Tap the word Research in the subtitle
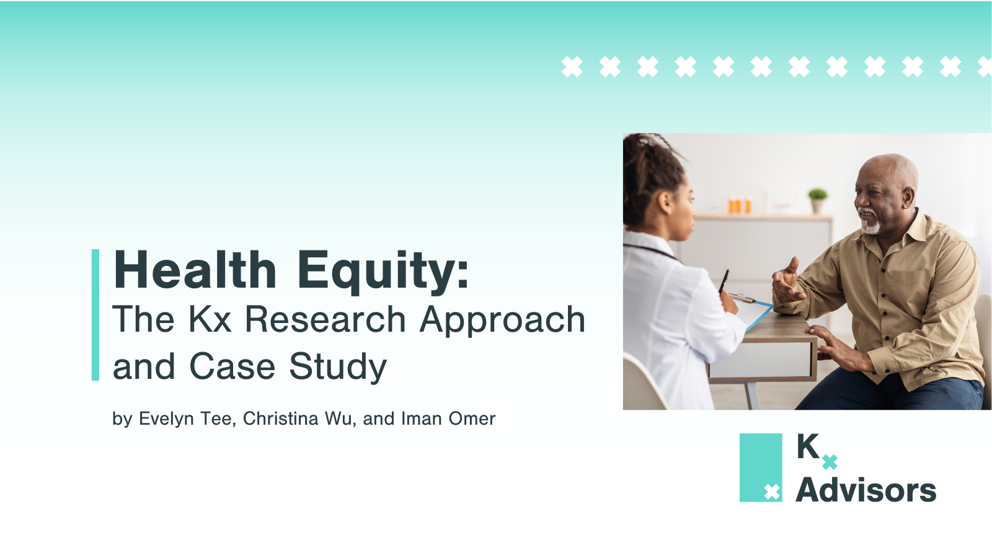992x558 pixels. (x=325, y=319)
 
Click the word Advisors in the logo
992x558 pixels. (x=866, y=490)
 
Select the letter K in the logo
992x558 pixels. (x=808, y=446)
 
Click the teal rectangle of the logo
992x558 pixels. (x=760, y=467)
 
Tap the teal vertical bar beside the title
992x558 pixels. (x=95, y=315)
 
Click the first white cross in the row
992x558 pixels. (x=572, y=67)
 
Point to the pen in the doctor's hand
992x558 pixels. (x=724, y=281)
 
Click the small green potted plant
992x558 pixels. (x=818, y=201)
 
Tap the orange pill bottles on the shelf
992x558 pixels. (x=740, y=205)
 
